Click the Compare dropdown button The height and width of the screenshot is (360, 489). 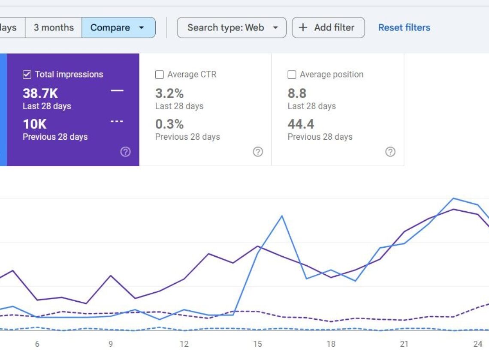(118, 27)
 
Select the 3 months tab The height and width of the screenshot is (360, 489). (54, 27)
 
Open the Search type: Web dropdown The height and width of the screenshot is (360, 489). (232, 27)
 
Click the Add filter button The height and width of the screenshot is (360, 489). (328, 27)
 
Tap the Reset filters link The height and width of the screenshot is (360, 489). (404, 27)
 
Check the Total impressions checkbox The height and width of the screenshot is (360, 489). (27, 75)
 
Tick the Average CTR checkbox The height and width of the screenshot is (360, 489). (160, 75)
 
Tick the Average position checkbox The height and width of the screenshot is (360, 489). (292, 75)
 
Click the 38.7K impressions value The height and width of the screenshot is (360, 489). (40, 93)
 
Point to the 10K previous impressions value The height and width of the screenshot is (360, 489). (34, 124)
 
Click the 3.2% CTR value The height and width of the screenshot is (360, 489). (169, 93)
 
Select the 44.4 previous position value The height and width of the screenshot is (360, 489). (301, 124)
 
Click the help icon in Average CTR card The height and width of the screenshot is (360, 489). (258, 152)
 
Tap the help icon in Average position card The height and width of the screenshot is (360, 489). (390, 152)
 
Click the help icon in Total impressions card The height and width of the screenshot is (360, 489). (125, 152)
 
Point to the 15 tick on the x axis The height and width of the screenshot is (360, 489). (257, 344)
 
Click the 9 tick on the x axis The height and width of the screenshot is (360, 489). (111, 344)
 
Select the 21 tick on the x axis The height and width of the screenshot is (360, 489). (404, 344)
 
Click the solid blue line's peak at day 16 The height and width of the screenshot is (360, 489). (282, 216)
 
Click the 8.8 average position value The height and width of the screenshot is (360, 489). (297, 93)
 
